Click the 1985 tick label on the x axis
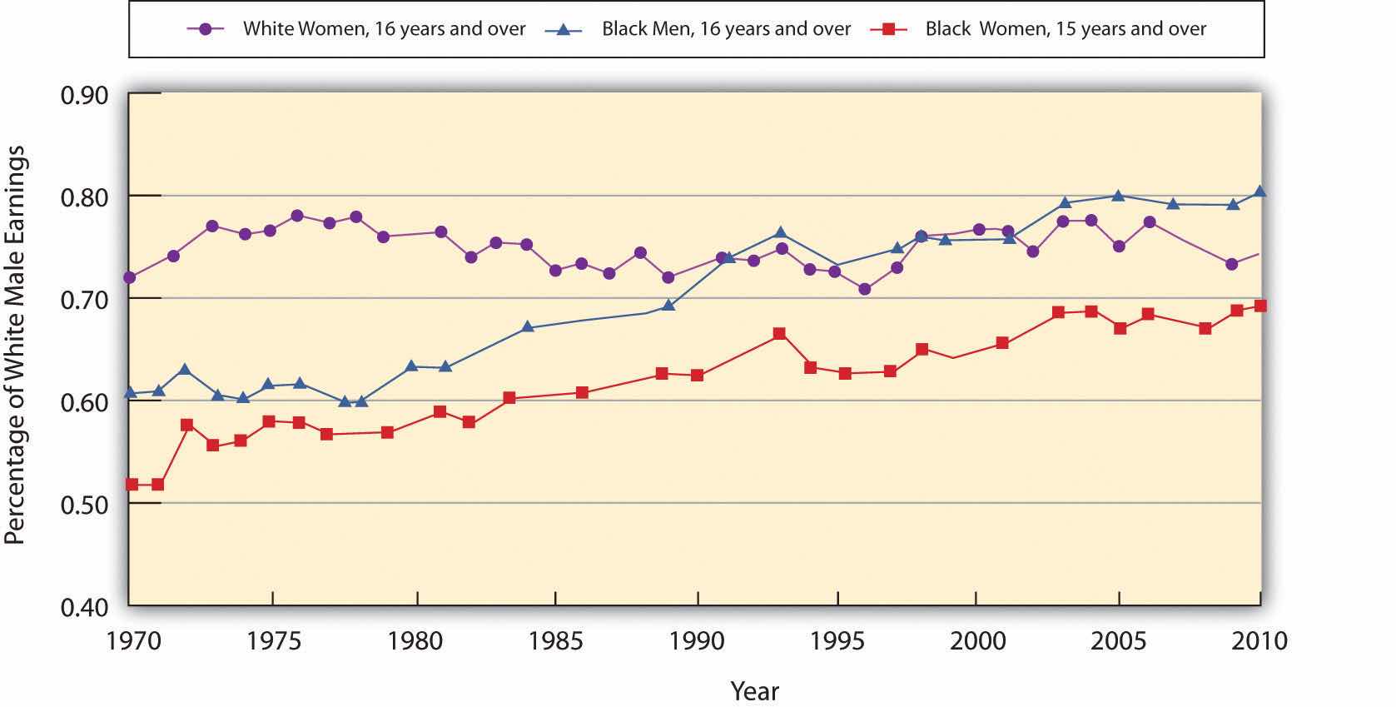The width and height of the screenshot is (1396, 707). pyautogui.click(x=554, y=641)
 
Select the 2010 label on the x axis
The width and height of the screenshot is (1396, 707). pyautogui.click(x=1259, y=641)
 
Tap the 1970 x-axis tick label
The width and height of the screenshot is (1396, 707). pyautogui.click(x=129, y=641)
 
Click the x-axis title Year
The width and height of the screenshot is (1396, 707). pyautogui.click(x=754, y=690)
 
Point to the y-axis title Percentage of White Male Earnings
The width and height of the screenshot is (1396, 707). pyautogui.click(x=16, y=346)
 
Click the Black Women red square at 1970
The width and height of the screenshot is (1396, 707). pyautogui.click(x=132, y=484)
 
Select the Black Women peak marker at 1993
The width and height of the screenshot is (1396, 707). pyautogui.click(x=779, y=334)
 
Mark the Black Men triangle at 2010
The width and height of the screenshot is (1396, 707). pyautogui.click(x=1259, y=192)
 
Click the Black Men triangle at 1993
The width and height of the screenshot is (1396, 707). pyautogui.click(x=780, y=233)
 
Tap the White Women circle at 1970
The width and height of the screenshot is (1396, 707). pyautogui.click(x=129, y=277)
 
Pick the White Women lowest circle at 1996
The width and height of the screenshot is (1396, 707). pyautogui.click(x=864, y=289)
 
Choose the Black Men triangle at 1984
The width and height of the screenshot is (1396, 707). pyautogui.click(x=527, y=327)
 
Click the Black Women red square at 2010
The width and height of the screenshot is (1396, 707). pyautogui.click(x=1259, y=306)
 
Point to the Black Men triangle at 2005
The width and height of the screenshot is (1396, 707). pyautogui.click(x=1119, y=196)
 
